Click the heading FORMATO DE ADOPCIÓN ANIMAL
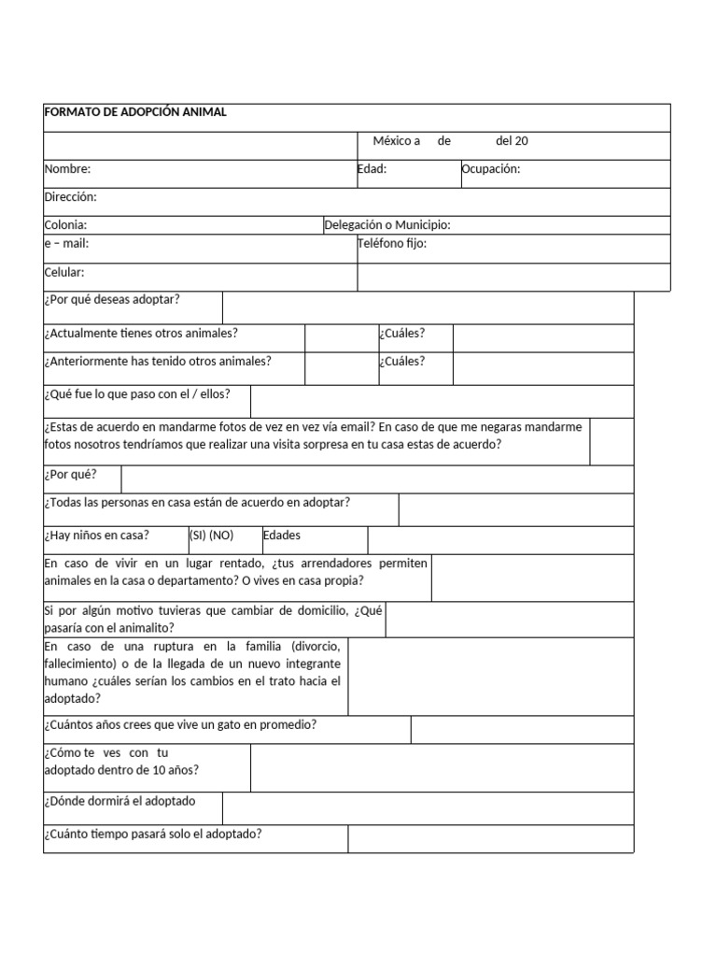[x=135, y=113]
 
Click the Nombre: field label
[x=67, y=169]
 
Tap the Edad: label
[x=372, y=169]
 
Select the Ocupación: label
[x=490, y=169]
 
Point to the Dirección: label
[x=70, y=197]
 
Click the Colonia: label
[x=65, y=225]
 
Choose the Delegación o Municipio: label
[x=387, y=225]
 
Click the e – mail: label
[x=66, y=243]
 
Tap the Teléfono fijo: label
[x=392, y=243]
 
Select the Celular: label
[x=64, y=272]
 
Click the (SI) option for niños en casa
[x=198, y=536]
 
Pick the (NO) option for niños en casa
[x=221, y=536]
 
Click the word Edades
[x=282, y=536]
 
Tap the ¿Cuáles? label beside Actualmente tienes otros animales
[x=401, y=333]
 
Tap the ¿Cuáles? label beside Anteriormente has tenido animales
[x=401, y=361]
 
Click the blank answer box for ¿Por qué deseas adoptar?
[x=428, y=307]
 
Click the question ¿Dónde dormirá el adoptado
[x=119, y=801]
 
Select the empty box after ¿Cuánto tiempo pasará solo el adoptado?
[x=490, y=838]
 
